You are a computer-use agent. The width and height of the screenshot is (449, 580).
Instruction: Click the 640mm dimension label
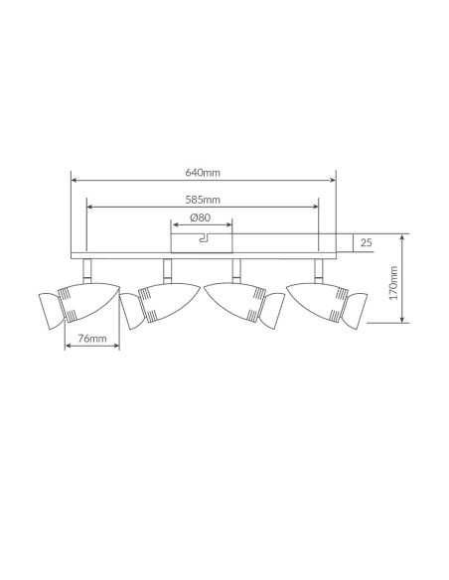[203, 173]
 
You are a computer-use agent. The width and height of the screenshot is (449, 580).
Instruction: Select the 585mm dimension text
[203, 200]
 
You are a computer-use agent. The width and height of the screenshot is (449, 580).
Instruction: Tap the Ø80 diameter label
[201, 217]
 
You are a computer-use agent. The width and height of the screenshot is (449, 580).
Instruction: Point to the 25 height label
[366, 242]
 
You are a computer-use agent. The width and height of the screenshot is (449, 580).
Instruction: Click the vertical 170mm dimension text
[393, 283]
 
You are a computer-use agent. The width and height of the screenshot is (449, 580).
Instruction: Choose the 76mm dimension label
[92, 338]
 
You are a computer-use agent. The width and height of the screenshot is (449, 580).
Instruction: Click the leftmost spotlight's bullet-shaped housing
[89, 301]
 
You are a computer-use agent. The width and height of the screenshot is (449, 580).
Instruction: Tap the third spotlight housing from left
[235, 302]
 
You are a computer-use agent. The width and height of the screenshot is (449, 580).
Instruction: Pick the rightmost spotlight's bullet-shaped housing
[318, 302]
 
